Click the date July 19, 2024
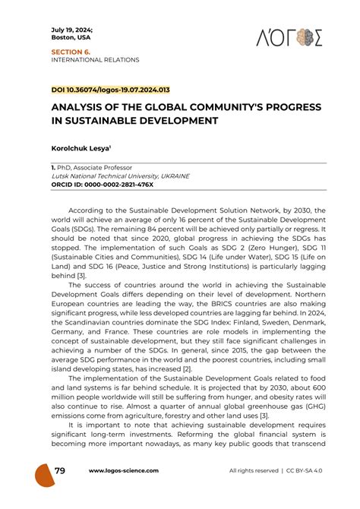point(70,28)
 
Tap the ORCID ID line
point(102,184)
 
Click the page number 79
point(60,471)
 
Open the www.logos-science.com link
point(125,472)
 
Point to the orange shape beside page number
point(44,474)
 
